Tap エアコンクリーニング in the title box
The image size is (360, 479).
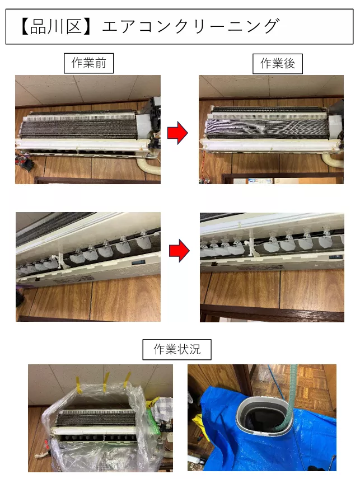pyautogui.click(x=190, y=26)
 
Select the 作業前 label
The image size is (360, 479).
pyautogui.click(x=88, y=63)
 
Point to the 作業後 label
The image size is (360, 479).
pyautogui.click(x=277, y=63)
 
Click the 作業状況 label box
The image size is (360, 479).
pyautogui.click(x=177, y=350)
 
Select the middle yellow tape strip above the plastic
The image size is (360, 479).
pyautogui.click(x=105, y=382)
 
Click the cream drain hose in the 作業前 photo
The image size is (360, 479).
pyautogui.click(x=147, y=167)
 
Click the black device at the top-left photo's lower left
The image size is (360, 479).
pyautogui.click(x=24, y=165)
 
